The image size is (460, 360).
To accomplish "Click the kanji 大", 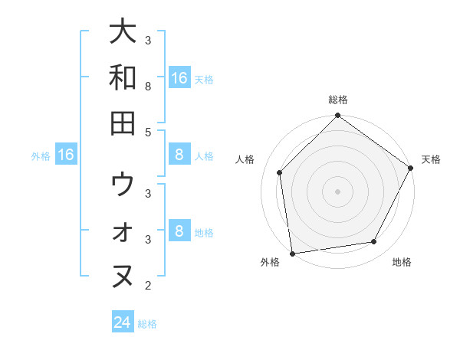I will (123, 32).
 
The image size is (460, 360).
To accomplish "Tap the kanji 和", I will (123, 77).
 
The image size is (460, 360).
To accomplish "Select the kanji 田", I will (123, 123).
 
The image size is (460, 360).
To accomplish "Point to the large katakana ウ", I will (123, 185).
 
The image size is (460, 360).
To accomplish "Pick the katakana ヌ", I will (123, 277).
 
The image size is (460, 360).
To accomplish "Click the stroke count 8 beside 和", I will (149, 87).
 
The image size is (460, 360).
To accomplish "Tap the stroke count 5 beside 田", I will (149, 132).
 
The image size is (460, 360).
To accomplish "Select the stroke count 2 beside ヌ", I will (149, 286).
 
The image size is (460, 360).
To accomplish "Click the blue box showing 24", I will (123, 322).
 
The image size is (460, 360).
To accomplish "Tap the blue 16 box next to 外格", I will (66, 155).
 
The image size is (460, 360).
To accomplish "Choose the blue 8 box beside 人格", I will (179, 155).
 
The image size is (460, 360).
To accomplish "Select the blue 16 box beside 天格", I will (179, 77).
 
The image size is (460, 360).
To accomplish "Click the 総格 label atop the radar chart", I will (338, 100).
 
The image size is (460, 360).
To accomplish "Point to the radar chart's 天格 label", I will (431, 159).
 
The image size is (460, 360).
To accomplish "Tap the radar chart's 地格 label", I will (402, 262).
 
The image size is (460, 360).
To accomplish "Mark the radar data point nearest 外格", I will (292, 253).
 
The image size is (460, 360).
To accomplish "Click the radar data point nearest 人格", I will (280, 172).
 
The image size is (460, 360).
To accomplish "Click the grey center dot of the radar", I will (338, 191).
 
